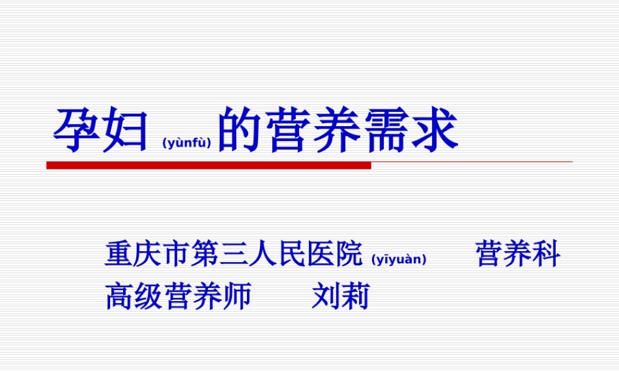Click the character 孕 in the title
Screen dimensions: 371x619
click(x=77, y=131)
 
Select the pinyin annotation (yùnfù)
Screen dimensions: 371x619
click(x=186, y=143)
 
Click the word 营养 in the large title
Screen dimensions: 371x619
click(x=315, y=131)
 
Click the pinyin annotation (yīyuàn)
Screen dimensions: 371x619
click(x=399, y=259)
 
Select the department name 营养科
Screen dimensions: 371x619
click(x=518, y=255)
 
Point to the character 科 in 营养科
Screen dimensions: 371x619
click(x=547, y=255)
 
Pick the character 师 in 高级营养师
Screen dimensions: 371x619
click(x=237, y=296)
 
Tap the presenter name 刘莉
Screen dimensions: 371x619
click(x=340, y=296)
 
